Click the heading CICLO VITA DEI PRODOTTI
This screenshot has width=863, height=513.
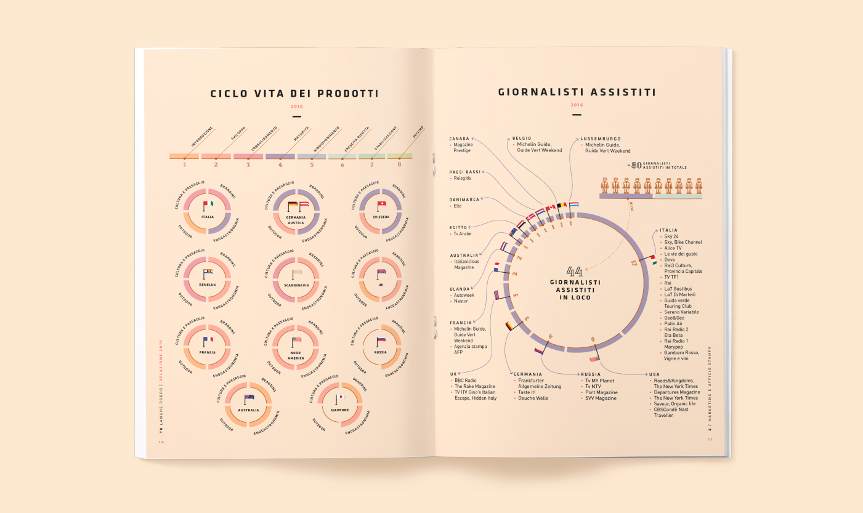click(294, 94)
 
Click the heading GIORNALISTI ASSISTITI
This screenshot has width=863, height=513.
click(577, 92)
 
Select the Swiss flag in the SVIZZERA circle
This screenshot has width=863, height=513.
click(381, 204)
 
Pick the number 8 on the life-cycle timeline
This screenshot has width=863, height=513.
click(399, 164)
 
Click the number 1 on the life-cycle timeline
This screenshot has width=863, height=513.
click(184, 164)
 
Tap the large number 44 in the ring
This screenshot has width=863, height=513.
click(574, 272)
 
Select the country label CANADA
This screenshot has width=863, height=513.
click(460, 139)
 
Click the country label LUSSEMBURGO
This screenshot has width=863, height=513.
click(600, 139)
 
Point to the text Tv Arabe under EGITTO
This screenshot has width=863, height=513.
click(463, 234)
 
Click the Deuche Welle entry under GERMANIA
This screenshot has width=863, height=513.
click(533, 398)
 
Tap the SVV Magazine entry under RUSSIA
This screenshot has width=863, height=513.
click(601, 398)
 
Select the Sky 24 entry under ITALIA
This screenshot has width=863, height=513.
click(671, 236)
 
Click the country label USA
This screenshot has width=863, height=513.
click(654, 374)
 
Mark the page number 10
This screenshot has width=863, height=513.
click(161, 442)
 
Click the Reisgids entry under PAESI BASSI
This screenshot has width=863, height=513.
click(463, 178)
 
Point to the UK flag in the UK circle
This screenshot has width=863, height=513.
click(381, 272)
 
